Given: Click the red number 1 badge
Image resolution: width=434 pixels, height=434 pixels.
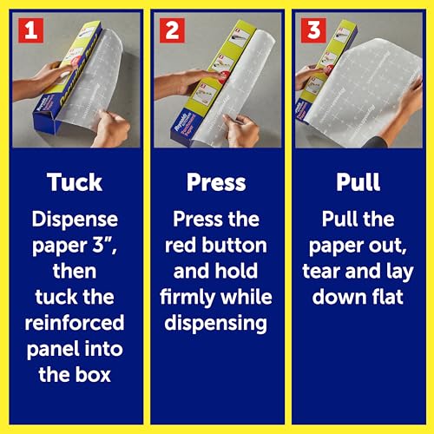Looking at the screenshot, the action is pos(31,30).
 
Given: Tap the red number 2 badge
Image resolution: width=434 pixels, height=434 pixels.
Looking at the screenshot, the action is pos(172,30).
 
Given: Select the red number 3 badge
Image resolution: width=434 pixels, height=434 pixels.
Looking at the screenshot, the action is pos(313,30).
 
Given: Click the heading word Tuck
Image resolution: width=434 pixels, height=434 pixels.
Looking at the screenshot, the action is pos(75,182).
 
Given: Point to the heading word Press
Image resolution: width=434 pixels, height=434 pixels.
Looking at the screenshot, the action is pos(216,182).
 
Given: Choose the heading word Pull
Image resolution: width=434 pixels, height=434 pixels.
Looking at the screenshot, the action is pos(358,182).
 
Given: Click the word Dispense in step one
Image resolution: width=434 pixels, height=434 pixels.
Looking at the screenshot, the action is pos(75,220).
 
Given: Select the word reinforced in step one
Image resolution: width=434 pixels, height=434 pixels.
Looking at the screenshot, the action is pos(75,323).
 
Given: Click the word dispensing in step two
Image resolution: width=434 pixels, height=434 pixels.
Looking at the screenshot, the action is pos(216,324).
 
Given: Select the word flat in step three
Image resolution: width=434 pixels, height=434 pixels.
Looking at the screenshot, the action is pos(388,297).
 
